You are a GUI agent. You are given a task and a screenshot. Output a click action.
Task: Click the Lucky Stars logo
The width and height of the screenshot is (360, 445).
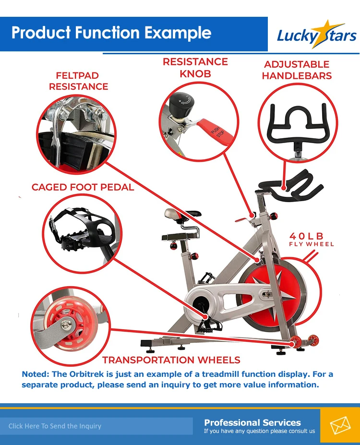tap(316, 35)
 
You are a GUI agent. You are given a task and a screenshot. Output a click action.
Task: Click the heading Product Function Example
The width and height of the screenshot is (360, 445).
tap(111, 33)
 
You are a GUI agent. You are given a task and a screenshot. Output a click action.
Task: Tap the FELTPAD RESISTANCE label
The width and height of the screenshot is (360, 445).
tap(78, 81)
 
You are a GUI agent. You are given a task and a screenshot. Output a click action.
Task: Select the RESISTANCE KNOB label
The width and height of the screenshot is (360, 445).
tap(195, 68)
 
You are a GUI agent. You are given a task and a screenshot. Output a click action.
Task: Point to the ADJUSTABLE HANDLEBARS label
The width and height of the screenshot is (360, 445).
tap(297, 70)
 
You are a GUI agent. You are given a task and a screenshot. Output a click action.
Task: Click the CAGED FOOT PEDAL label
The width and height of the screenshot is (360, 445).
tap(83, 187)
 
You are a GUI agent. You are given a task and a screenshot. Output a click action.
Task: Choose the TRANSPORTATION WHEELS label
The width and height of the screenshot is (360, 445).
tap(171, 360)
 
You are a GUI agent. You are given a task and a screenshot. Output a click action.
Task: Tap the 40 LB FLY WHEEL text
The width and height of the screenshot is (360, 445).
tap(311, 239)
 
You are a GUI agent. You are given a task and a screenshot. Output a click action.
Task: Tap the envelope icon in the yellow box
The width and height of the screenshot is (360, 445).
tap(340, 425)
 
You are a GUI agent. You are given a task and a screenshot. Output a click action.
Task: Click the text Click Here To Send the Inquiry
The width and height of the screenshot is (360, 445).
tap(55, 426)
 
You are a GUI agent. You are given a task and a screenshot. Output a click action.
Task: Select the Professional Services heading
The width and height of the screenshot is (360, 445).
tap(252, 422)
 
